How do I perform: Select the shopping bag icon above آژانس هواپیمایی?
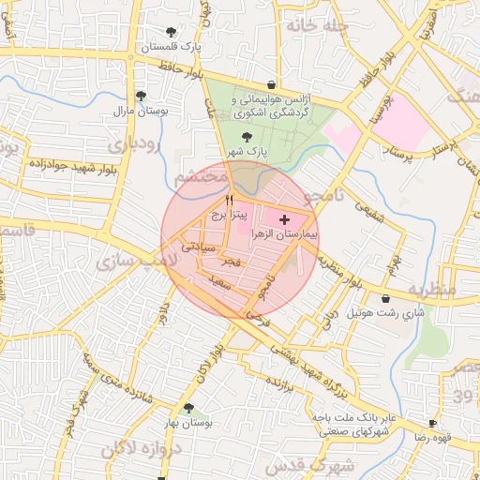pos(271,84)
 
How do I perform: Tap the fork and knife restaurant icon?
pos(228,200)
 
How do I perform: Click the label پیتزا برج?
pos(228,215)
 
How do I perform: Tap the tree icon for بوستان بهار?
pos(189,408)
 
